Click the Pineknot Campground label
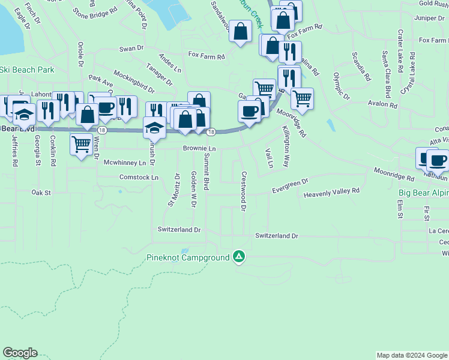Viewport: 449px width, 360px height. [x=188, y=258]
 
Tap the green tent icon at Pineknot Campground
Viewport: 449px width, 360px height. [x=239, y=257]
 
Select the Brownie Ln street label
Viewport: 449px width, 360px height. [x=199, y=148]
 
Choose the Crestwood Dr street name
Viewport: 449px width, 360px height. [x=244, y=191]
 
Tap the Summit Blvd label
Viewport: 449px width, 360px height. [x=206, y=172]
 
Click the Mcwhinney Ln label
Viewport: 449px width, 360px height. [x=125, y=163]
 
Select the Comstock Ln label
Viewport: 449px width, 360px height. [x=139, y=178]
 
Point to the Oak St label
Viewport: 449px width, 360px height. [x=42, y=193]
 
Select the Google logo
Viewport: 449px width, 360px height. [x=19, y=353]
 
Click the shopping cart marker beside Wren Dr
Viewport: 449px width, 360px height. [x=81, y=145]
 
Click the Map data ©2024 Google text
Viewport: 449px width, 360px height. [x=411, y=355]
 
